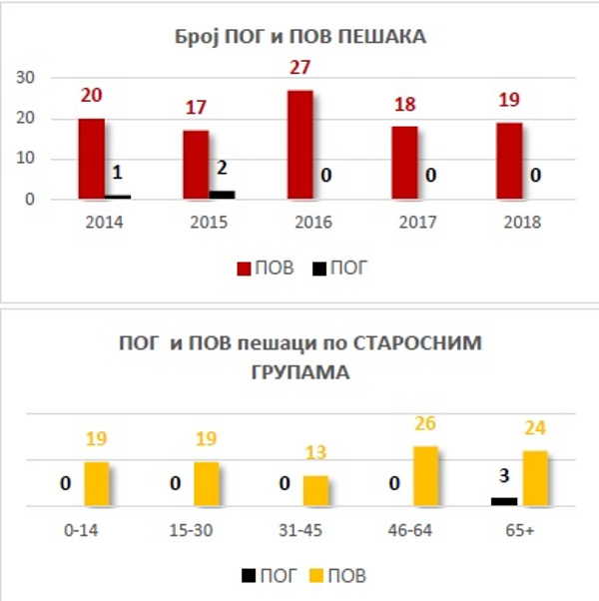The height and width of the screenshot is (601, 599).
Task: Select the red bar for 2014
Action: [x=91, y=159]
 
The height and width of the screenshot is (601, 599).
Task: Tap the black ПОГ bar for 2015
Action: [x=224, y=195]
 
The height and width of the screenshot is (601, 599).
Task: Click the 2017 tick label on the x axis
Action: [x=417, y=223]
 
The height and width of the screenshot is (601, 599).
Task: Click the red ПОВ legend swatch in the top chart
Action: [x=244, y=269]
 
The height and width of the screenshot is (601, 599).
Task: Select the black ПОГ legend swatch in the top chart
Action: [x=319, y=269]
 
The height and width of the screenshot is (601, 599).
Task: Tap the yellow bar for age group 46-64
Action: [x=426, y=475]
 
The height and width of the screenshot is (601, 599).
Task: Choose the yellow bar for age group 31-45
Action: [x=315, y=490]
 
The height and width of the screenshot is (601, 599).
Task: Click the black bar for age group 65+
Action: [x=504, y=501]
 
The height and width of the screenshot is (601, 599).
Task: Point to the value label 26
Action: [x=425, y=424]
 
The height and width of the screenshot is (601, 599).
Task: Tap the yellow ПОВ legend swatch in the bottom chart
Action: [x=318, y=576]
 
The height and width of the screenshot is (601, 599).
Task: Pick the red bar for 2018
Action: [x=510, y=161]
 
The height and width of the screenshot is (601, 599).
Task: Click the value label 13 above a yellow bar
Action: [x=315, y=454]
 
